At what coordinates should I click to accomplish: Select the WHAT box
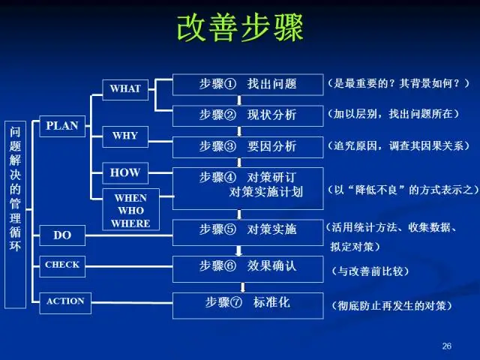point(125,88)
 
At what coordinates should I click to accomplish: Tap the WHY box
point(124,136)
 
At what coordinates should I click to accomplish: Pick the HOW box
point(124,172)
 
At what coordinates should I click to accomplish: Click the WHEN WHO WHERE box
point(130,210)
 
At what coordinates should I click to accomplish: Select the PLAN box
point(62,126)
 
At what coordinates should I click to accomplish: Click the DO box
point(62,235)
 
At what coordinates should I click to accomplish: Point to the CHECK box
point(62,265)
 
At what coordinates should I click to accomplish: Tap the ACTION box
point(65,302)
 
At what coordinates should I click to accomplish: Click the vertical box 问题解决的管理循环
point(16,214)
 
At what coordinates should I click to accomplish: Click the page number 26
point(447,346)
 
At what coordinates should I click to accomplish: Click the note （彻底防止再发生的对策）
point(391,305)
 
